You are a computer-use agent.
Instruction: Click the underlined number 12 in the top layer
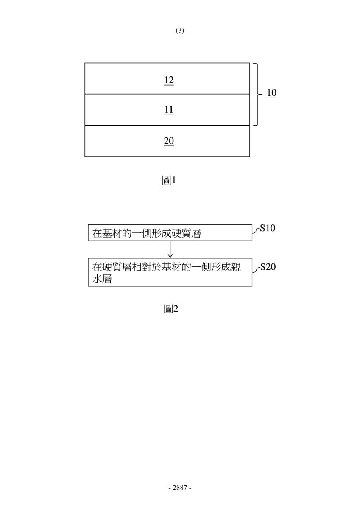tap(169, 81)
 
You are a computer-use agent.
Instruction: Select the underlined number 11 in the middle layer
tap(169, 110)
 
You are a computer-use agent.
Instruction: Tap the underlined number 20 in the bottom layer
tap(169, 141)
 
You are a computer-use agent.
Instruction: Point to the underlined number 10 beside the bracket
tap(271, 93)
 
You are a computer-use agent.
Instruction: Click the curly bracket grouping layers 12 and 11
tap(258, 94)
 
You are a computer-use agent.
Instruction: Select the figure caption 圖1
tap(169, 180)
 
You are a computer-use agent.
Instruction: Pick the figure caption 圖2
tap(171, 309)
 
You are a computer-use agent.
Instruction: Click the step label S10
tap(268, 228)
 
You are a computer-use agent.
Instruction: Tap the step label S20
tap(268, 267)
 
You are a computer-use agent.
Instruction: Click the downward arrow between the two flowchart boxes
tap(170, 249)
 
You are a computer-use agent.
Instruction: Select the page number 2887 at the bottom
tap(180, 488)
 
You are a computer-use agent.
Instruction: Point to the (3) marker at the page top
tap(180, 31)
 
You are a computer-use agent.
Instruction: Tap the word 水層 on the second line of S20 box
tap(102, 279)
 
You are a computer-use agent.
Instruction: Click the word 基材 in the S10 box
tap(112, 233)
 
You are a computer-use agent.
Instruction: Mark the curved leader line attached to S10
tap(256, 230)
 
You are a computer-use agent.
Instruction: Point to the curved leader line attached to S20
tap(256, 269)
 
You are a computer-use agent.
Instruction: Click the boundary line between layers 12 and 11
tap(167, 94)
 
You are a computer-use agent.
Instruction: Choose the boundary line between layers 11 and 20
tap(167, 125)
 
